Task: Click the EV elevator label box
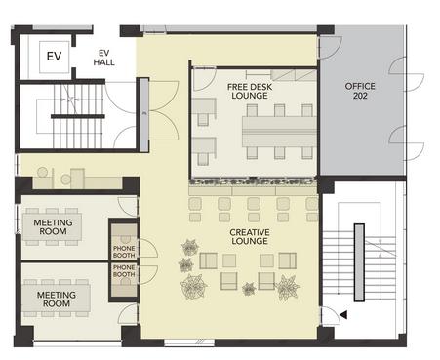click(x=55, y=57)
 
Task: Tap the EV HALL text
click(x=103, y=58)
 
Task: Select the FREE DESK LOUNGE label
click(x=250, y=92)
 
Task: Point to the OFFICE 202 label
click(x=360, y=91)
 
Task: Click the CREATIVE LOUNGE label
click(x=250, y=237)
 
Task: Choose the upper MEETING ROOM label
click(x=53, y=227)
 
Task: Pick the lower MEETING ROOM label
click(x=57, y=300)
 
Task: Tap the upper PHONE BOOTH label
click(x=124, y=252)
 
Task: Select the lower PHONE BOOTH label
click(x=124, y=271)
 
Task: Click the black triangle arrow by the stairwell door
click(x=343, y=315)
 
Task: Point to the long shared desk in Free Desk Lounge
click(x=279, y=132)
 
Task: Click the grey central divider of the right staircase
click(x=359, y=262)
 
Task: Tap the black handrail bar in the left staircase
click(x=78, y=116)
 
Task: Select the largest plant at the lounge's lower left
click(x=193, y=286)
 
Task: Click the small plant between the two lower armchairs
click(x=249, y=289)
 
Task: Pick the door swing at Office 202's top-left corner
click(x=330, y=48)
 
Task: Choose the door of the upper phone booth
click(x=148, y=249)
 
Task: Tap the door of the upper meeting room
click(x=128, y=207)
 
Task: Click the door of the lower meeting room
click(x=128, y=313)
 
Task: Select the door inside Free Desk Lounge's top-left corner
click(x=205, y=79)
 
